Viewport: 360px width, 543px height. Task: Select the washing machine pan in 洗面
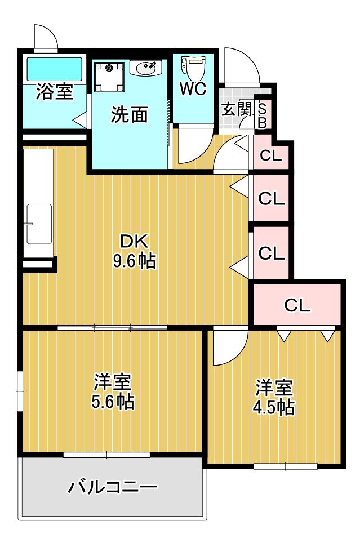109,77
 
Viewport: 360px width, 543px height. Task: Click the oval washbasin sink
146,68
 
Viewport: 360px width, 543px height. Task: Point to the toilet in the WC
193,69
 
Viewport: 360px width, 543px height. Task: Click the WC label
193,90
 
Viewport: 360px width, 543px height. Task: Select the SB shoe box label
263,116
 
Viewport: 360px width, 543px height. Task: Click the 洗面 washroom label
129,114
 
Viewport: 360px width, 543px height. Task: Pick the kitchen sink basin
39,224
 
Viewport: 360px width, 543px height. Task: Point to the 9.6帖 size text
135,261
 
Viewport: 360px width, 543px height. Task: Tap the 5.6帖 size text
113,402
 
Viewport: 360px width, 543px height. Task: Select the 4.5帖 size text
273,407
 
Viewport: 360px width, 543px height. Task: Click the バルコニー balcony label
113,487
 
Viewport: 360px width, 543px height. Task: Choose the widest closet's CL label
297,305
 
